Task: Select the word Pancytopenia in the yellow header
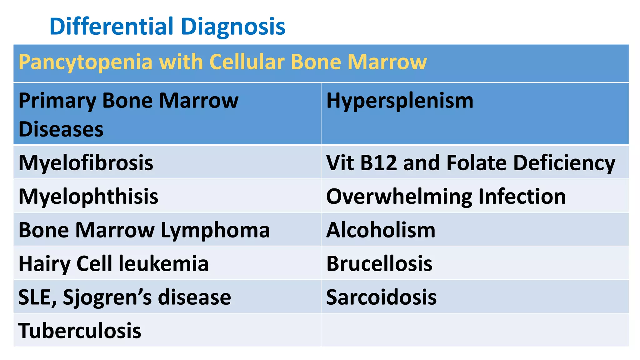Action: pyautogui.click(x=85, y=62)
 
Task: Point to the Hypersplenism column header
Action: pyautogui.click(x=400, y=101)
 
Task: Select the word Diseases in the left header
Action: pyautogui.click(x=61, y=129)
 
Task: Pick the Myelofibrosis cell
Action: pyautogui.click(x=86, y=163)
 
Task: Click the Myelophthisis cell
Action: pyautogui.click(x=88, y=197)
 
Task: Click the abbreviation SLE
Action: pyautogui.click(x=37, y=297)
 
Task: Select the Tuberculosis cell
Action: pyautogui.click(x=80, y=331)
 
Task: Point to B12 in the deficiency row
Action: pyautogui.click(x=378, y=163)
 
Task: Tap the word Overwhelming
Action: pyautogui.click(x=399, y=197)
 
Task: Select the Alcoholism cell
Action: pyautogui.click(x=381, y=230)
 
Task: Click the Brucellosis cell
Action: pyautogui.click(x=379, y=264)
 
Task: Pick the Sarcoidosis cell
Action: pyautogui.click(x=381, y=297)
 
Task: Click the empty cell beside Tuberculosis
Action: pyautogui.click(x=474, y=330)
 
